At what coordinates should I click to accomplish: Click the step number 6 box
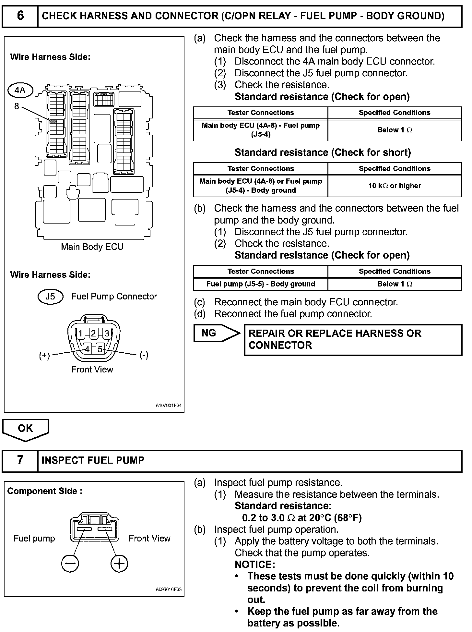click(20, 16)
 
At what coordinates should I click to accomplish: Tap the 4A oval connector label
click(20, 90)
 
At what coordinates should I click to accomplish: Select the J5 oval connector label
click(50, 297)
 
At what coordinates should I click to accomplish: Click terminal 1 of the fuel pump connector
click(80, 334)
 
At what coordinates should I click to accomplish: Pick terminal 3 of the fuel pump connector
click(107, 334)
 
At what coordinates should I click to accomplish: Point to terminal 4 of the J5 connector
click(87, 349)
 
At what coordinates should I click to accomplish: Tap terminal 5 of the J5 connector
click(100, 349)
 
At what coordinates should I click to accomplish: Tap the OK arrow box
click(25, 429)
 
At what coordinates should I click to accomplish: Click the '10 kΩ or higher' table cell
click(394, 186)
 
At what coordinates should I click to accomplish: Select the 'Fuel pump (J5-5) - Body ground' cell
click(261, 284)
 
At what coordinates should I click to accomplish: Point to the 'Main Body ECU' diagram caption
click(92, 247)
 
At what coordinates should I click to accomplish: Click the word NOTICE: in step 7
click(255, 565)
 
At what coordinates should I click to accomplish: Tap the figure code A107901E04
click(169, 406)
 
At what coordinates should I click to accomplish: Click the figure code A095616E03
click(169, 589)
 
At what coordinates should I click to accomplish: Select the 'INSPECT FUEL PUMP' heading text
click(93, 460)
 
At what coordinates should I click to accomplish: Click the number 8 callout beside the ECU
click(17, 106)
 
